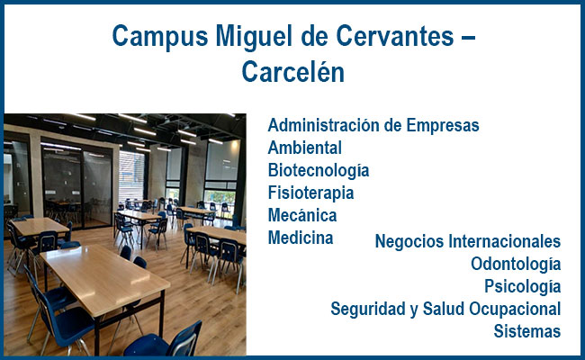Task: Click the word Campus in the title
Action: click(160, 37)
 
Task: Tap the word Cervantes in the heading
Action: click(395, 36)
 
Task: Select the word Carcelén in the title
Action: click(292, 71)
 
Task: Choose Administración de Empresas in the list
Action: click(373, 125)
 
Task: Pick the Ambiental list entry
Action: click(305, 148)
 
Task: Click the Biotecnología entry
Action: click(319, 170)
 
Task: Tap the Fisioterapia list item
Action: click(310, 193)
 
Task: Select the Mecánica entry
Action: click(302, 215)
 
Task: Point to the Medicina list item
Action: click(301, 238)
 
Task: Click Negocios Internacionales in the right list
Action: click(468, 241)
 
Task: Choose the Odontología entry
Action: click(516, 264)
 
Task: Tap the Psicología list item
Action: click(522, 286)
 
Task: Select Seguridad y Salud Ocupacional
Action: click(445, 310)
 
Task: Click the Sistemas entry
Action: click(527, 331)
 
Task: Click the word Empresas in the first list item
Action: click(443, 125)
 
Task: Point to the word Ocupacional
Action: click(515, 310)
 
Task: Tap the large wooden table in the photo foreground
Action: click(105, 277)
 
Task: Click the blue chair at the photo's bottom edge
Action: click(164, 341)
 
